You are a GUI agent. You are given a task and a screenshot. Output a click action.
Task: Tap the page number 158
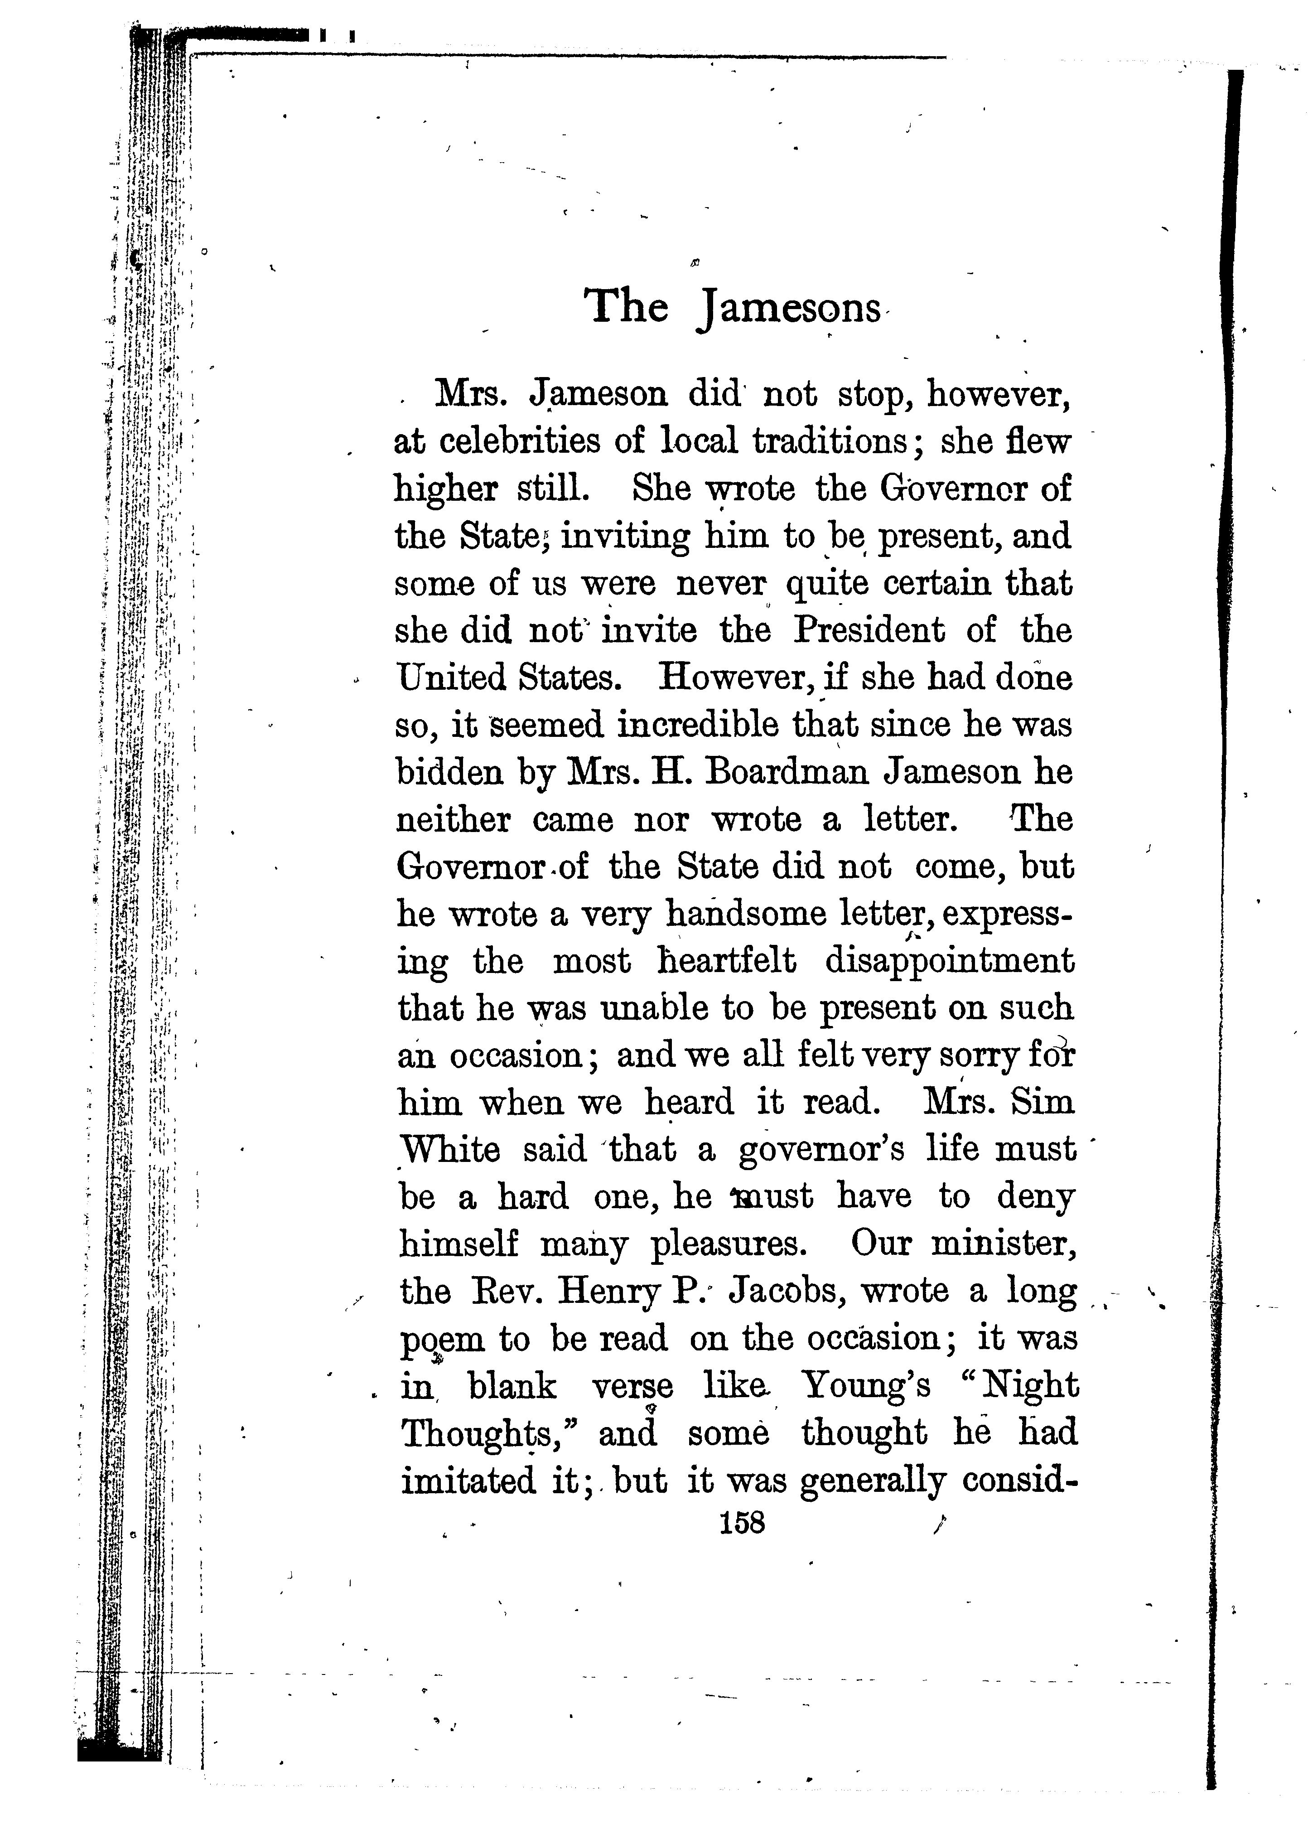[743, 1523]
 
